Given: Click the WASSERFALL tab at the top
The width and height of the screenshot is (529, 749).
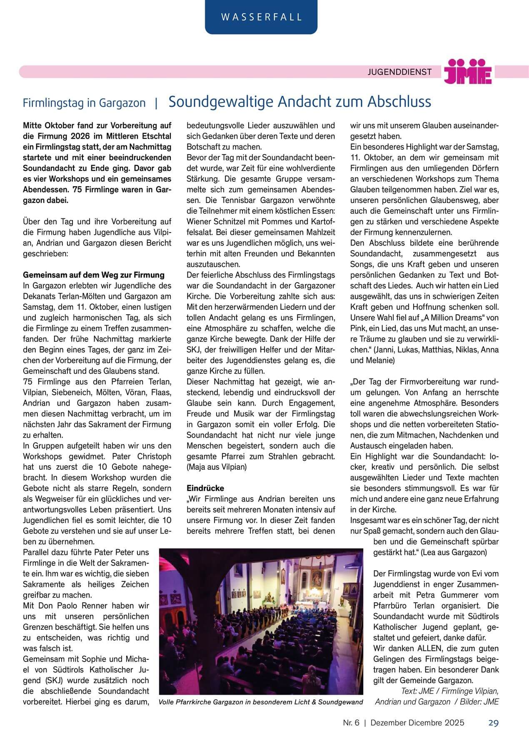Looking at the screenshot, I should (x=261, y=17).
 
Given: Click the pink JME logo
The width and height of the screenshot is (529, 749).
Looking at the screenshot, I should (x=467, y=71).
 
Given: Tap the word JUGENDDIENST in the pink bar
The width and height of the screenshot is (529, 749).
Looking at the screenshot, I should (x=399, y=72).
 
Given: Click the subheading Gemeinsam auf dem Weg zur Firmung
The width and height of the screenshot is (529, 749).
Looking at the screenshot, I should (x=94, y=275).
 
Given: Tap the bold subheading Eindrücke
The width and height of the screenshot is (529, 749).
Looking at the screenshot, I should (x=205, y=488).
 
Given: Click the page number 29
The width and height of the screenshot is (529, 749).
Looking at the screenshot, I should (x=493, y=723).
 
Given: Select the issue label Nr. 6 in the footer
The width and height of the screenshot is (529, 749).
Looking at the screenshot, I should (x=351, y=723).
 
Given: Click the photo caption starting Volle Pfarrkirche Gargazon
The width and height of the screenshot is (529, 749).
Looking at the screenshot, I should (x=261, y=702).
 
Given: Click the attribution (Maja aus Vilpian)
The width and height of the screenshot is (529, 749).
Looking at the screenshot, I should (x=217, y=467).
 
